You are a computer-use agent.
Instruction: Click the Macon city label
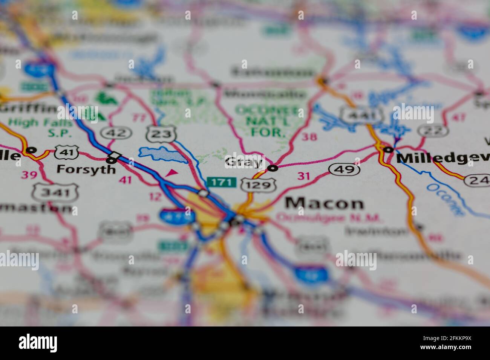point(324,203)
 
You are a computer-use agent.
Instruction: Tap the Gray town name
point(243,162)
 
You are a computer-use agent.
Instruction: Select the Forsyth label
point(86,169)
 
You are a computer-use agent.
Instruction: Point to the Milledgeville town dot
point(388,149)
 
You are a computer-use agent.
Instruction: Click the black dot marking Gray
point(273,168)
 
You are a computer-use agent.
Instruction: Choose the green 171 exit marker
point(222,183)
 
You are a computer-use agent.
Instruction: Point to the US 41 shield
point(67,152)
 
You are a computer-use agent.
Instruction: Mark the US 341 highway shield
point(55,193)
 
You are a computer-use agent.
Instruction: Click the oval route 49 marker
point(344,169)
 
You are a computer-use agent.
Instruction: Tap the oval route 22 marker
point(433,131)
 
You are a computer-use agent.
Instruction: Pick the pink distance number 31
point(304,175)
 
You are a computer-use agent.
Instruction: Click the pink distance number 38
point(309,137)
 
